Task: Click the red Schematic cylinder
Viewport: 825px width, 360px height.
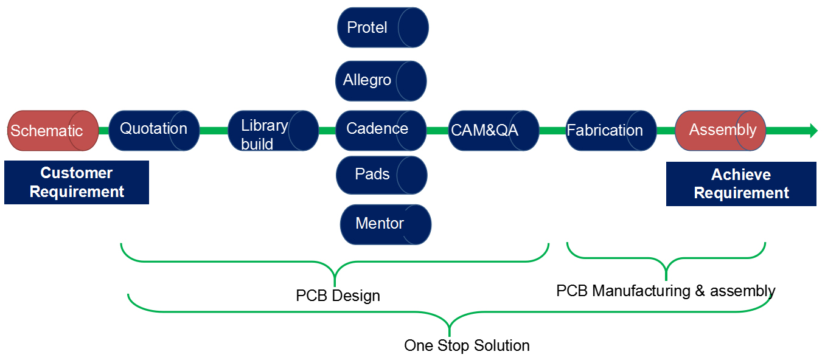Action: coord(53,131)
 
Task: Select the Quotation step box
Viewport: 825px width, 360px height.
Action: coord(154,130)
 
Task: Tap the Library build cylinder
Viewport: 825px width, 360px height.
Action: coord(273,131)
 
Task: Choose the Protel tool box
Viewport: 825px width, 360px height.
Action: coord(383,27)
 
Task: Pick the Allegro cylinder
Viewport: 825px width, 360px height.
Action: coord(381,80)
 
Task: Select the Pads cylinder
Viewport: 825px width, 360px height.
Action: coord(381,175)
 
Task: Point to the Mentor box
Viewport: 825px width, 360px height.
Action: coord(385,224)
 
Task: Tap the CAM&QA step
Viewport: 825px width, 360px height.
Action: coord(493,130)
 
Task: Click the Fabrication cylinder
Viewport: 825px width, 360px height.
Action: coord(611,130)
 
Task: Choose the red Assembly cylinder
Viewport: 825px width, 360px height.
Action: coord(720,130)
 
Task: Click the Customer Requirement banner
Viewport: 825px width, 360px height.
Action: coord(77,182)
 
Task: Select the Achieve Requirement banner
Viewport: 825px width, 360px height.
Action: coord(741,184)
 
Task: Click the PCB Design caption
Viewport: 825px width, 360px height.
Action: coord(338,296)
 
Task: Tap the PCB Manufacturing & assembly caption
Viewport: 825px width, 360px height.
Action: coord(666,291)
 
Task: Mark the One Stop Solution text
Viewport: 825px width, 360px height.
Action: coord(467,346)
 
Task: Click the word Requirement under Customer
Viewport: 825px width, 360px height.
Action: coord(77,192)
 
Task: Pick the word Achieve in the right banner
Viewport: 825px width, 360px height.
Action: coord(741,175)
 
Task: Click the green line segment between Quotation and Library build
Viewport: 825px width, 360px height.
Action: coord(214,130)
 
